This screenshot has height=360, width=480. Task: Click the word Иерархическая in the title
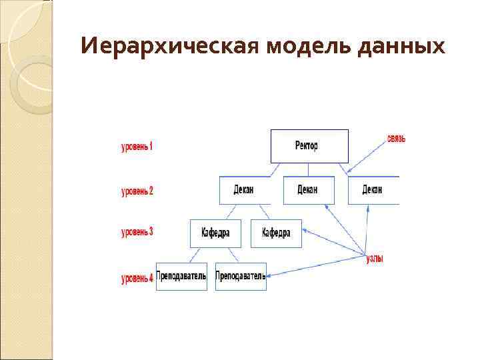coord(169,46)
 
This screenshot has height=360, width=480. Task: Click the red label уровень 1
coord(137,146)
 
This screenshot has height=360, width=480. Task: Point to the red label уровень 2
coord(137,191)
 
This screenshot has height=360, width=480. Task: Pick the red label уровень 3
coord(137,232)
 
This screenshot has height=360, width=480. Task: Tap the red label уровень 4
coord(137,279)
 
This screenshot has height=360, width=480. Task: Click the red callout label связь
coord(396,139)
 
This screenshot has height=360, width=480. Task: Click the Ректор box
coord(309,146)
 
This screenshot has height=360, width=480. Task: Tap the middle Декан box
coord(308,190)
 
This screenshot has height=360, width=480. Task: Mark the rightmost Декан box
coord(373,190)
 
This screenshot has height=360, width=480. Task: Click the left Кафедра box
coord(215,233)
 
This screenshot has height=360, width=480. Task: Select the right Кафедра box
coord(276,233)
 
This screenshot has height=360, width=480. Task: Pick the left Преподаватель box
coord(181,276)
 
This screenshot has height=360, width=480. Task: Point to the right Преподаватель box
coord(241,276)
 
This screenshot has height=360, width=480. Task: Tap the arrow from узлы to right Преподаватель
coord(317,265)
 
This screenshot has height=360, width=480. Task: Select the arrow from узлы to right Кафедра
coord(333,243)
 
